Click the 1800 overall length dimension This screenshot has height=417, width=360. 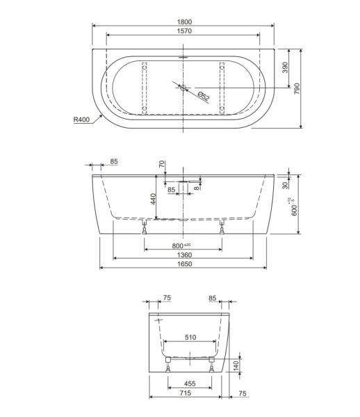point(183,22)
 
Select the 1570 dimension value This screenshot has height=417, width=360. point(183,31)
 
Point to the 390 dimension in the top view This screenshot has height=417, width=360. point(284,67)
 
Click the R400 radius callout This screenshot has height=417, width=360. point(82,120)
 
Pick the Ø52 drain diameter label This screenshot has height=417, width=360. point(202,97)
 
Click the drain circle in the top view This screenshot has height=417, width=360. point(183,88)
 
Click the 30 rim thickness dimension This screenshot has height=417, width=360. point(285,185)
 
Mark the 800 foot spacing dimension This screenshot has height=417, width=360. point(182,246)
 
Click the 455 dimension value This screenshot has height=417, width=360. point(189,383)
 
